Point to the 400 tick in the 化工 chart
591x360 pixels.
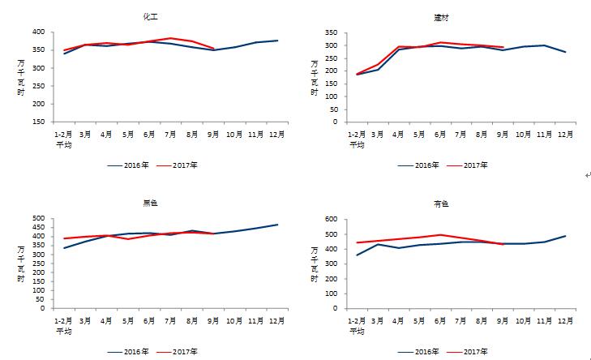(x=37, y=32)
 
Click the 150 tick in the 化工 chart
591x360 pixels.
(x=37, y=122)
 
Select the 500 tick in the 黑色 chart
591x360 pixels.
(x=37, y=219)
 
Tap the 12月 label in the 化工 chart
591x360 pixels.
(x=276, y=134)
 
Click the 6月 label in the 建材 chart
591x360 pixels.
(x=442, y=134)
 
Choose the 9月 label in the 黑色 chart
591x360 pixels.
(x=213, y=320)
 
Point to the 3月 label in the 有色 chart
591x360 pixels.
(x=378, y=320)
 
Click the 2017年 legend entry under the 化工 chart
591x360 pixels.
(x=187, y=165)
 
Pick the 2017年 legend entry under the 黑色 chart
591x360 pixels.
(x=187, y=351)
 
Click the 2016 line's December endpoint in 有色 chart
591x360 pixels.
(x=566, y=236)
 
